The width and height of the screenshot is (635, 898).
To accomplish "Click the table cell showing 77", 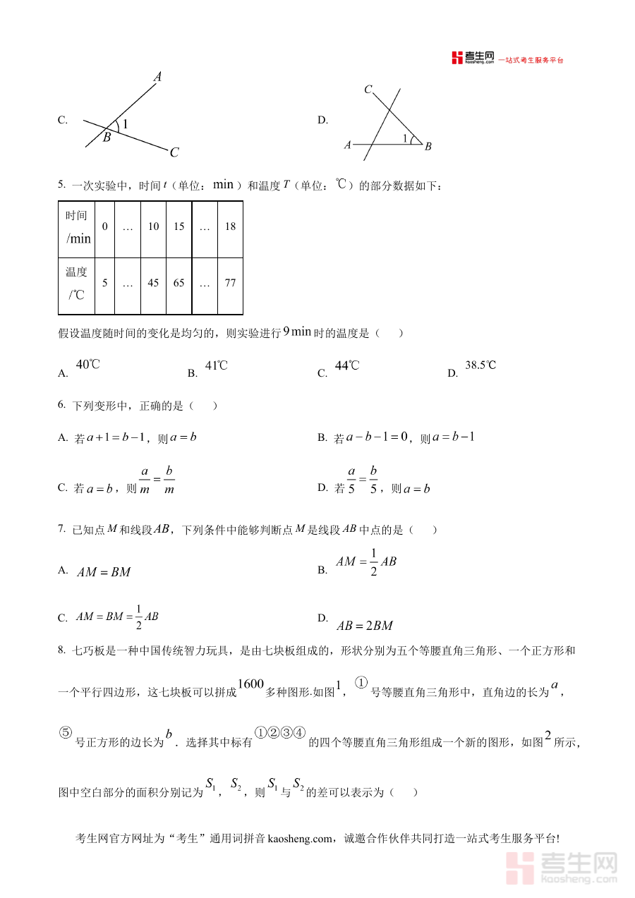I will point(230,284).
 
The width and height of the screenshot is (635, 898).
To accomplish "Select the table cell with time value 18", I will point(230,226).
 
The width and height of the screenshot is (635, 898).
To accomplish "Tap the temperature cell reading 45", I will point(153,284).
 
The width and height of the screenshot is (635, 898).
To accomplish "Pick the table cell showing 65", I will point(179,284).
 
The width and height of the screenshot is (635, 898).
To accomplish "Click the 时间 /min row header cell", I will point(77,227).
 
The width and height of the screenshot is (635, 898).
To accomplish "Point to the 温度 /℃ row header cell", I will point(77,284).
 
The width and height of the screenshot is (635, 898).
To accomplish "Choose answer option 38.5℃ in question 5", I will point(480,365).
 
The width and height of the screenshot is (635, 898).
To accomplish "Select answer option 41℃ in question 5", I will point(216,365).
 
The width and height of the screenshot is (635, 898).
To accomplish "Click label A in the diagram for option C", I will point(158,77).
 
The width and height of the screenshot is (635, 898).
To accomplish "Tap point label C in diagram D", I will point(368,90).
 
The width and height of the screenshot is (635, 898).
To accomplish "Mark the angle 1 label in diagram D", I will point(405,138).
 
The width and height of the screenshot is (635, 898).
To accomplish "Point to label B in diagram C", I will point(107,138).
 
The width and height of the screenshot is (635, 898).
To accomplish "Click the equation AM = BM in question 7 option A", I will point(104,572).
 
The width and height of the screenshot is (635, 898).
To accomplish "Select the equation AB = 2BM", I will point(364,626).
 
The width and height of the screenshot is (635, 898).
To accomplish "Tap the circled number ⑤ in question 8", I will point(66,733).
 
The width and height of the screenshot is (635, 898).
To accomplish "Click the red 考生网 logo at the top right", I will point(473,59).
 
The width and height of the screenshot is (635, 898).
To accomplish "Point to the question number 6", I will point(61,405).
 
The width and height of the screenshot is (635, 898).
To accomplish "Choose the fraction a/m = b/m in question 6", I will point(157,480).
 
